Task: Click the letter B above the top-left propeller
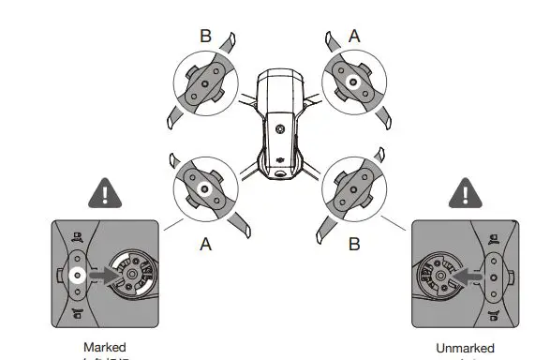point(205,37)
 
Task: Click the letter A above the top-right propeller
point(354,36)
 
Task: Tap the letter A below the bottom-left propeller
point(204,243)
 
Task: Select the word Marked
point(103,347)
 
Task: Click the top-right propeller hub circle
point(354,82)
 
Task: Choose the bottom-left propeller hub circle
point(205,186)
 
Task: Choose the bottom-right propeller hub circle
point(354,186)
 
